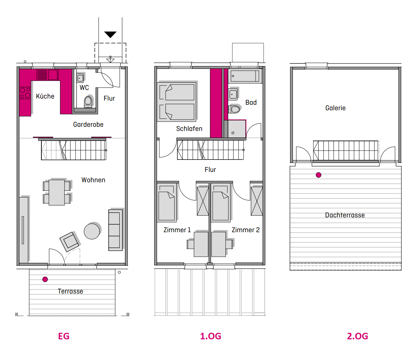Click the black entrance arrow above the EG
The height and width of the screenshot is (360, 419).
click(x=110, y=34)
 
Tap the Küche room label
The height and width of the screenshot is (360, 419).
click(x=45, y=96)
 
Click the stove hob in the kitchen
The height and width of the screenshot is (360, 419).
click(x=25, y=93)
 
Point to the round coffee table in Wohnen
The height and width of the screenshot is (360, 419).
click(x=92, y=231)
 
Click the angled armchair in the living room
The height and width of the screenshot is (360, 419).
click(x=69, y=241)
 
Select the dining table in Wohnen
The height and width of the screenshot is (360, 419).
click(x=57, y=193)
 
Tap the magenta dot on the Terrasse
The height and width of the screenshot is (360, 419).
click(x=45, y=279)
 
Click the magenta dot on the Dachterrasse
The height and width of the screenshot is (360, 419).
click(x=318, y=175)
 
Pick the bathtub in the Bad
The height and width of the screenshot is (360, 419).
click(x=245, y=76)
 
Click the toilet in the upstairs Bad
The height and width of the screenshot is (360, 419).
click(x=234, y=109)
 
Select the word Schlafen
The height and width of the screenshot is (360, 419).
click(x=189, y=128)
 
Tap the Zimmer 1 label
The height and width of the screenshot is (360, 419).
click(x=177, y=230)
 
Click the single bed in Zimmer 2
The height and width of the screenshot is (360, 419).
click(x=221, y=203)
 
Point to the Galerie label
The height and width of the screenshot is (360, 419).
click(x=335, y=108)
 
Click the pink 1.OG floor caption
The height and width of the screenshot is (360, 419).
click(x=210, y=336)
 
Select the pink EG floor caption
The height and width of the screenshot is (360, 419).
click(x=64, y=336)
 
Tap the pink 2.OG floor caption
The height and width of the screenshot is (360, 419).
click(x=357, y=336)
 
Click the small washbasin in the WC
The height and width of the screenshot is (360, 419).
click(x=80, y=78)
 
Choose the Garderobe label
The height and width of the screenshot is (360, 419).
click(x=88, y=124)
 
